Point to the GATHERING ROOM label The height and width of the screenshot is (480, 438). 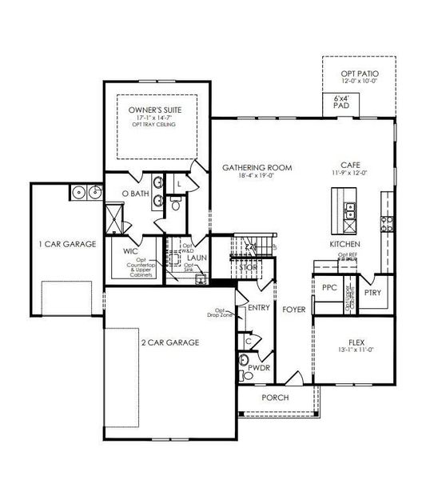click(257, 168)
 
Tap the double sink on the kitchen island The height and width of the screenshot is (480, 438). click(349, 210)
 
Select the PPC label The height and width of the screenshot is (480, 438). click(328, 287)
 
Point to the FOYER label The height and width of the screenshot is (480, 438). click(292, 306)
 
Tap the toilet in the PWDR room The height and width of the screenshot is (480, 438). click(245, 374)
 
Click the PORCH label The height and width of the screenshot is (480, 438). click(275, 398)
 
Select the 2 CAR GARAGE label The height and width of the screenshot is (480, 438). click(172, 342)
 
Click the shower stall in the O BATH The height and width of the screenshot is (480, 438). click(113, 216)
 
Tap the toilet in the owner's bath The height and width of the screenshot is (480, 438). click(177, 205)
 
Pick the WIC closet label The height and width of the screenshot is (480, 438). click(131, 250)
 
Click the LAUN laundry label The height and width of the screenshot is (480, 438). click(197, 258)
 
